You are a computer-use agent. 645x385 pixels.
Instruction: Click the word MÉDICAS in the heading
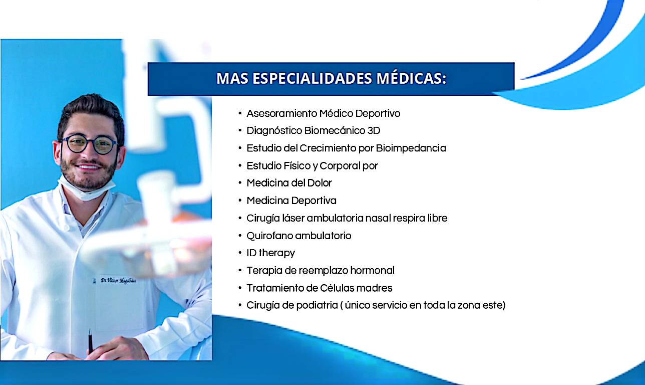click(411, 78)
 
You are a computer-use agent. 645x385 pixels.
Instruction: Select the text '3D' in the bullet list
click(374, 130)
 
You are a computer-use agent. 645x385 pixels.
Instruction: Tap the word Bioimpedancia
click(411, 148)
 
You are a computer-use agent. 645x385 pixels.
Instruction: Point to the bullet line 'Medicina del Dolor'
click(289, 183)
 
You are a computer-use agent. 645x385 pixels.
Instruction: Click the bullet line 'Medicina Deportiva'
click(291, 201)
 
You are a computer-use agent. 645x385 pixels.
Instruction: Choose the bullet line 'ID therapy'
click(270, 253)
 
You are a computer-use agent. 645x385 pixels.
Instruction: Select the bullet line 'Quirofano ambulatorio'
click(299, 236)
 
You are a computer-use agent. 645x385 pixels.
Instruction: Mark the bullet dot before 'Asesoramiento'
click(240, 113)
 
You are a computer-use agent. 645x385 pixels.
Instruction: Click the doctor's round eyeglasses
click(89, 144)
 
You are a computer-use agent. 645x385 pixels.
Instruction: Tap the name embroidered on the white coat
click(118, 280)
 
